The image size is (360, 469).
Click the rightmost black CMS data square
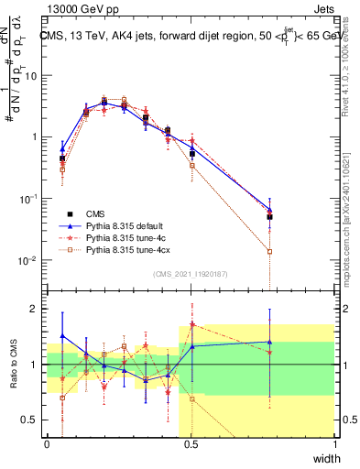(x=269, y=217)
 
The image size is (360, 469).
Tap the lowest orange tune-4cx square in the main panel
(x=269, y=251)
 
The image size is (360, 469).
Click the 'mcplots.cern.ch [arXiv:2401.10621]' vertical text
(x=351, y=220)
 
